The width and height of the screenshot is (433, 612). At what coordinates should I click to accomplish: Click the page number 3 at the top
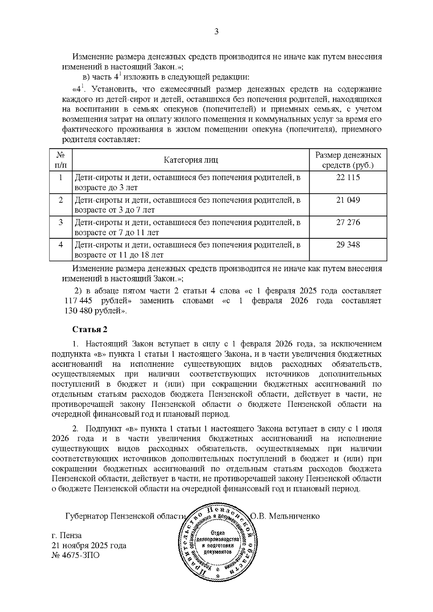coord(216,32)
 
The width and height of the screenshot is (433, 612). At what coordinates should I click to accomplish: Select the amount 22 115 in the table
coord(348,177)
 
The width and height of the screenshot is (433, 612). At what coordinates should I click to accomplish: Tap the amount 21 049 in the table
coord(348,200)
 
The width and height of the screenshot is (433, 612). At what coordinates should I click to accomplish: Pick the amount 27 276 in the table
coord(348,222)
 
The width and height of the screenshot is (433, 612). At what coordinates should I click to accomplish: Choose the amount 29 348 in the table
coord(348,245)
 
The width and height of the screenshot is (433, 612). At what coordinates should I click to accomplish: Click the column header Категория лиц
coord(191,160)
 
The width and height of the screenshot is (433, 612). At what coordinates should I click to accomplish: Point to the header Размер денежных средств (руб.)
coord(348,160)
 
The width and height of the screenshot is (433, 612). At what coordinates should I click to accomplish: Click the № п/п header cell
coord(61,160)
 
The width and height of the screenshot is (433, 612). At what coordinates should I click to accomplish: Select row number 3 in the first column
coord(61,222)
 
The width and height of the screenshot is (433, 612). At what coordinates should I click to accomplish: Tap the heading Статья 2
coord(90,329)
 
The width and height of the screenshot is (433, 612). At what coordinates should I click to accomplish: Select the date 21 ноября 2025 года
coord(89,545)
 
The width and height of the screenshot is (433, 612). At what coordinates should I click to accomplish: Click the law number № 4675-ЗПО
coord(76,555)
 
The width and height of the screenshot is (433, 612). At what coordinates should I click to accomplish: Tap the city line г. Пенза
coord(67,535)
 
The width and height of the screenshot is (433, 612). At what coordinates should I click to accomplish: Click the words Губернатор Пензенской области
coord(125,516)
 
